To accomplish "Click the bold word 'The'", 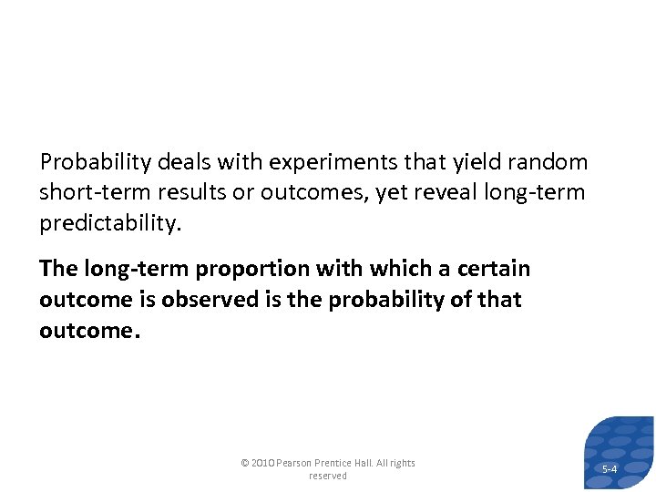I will pos(59,269).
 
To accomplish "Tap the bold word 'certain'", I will pos(493,269).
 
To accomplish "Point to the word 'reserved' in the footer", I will pos(328,476).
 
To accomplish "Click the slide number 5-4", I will pos(610,469).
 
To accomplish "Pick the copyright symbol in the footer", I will pos(244,463).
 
